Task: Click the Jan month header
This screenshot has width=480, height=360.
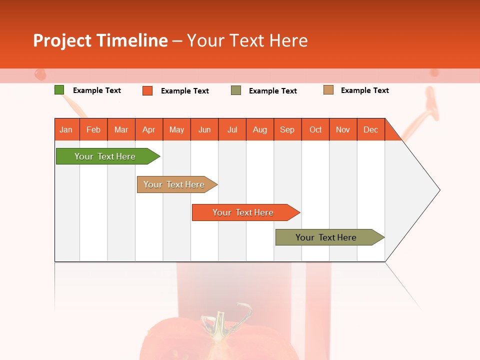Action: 66,129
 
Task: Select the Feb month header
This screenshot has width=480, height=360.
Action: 93,129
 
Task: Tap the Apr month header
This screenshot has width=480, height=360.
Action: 148,129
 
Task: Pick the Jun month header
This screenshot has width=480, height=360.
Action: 204,129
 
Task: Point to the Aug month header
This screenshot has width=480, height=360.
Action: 259,129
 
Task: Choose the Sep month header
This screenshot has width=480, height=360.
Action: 287,129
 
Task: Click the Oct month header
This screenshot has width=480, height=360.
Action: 315,129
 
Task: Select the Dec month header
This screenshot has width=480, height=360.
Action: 370,129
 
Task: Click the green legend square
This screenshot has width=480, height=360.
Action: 59,90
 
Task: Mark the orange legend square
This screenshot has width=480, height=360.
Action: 147,90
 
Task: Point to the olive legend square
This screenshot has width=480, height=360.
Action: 236,90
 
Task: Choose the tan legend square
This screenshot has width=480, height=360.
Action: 328,90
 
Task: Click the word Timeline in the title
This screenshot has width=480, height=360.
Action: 132,40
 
